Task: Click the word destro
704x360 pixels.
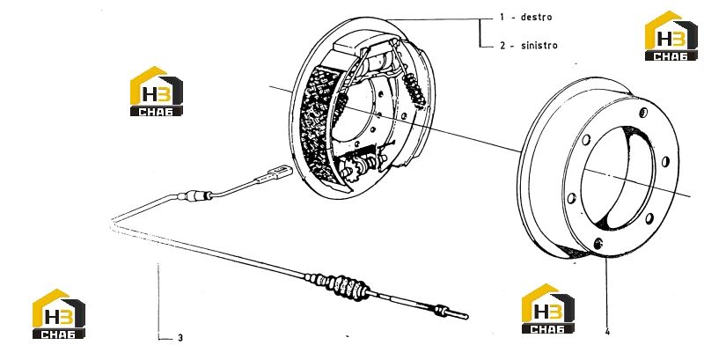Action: tap(536, 17)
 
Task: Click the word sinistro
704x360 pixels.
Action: tap(539, 46)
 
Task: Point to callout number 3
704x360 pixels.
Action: tap(180, 338)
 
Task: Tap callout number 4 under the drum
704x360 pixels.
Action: tap(607, 332)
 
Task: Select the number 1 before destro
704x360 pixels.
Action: tap(502, 18)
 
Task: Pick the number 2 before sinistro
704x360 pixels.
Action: tap(502, 46)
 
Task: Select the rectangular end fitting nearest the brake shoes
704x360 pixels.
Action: tap(280, 173)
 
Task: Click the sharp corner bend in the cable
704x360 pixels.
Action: tap(112, 223)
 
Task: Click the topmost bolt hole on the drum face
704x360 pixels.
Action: tap(643, 112)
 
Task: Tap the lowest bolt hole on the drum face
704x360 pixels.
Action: tap(598, 244)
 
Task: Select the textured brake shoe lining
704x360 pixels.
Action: tap(317, 121)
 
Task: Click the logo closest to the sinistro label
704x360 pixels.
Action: tap(671, 35)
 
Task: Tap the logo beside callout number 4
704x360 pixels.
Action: tap(547, 309)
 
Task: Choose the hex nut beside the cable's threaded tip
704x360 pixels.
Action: tap(442, 310)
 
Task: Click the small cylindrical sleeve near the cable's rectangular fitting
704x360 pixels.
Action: tap(194, 195)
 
